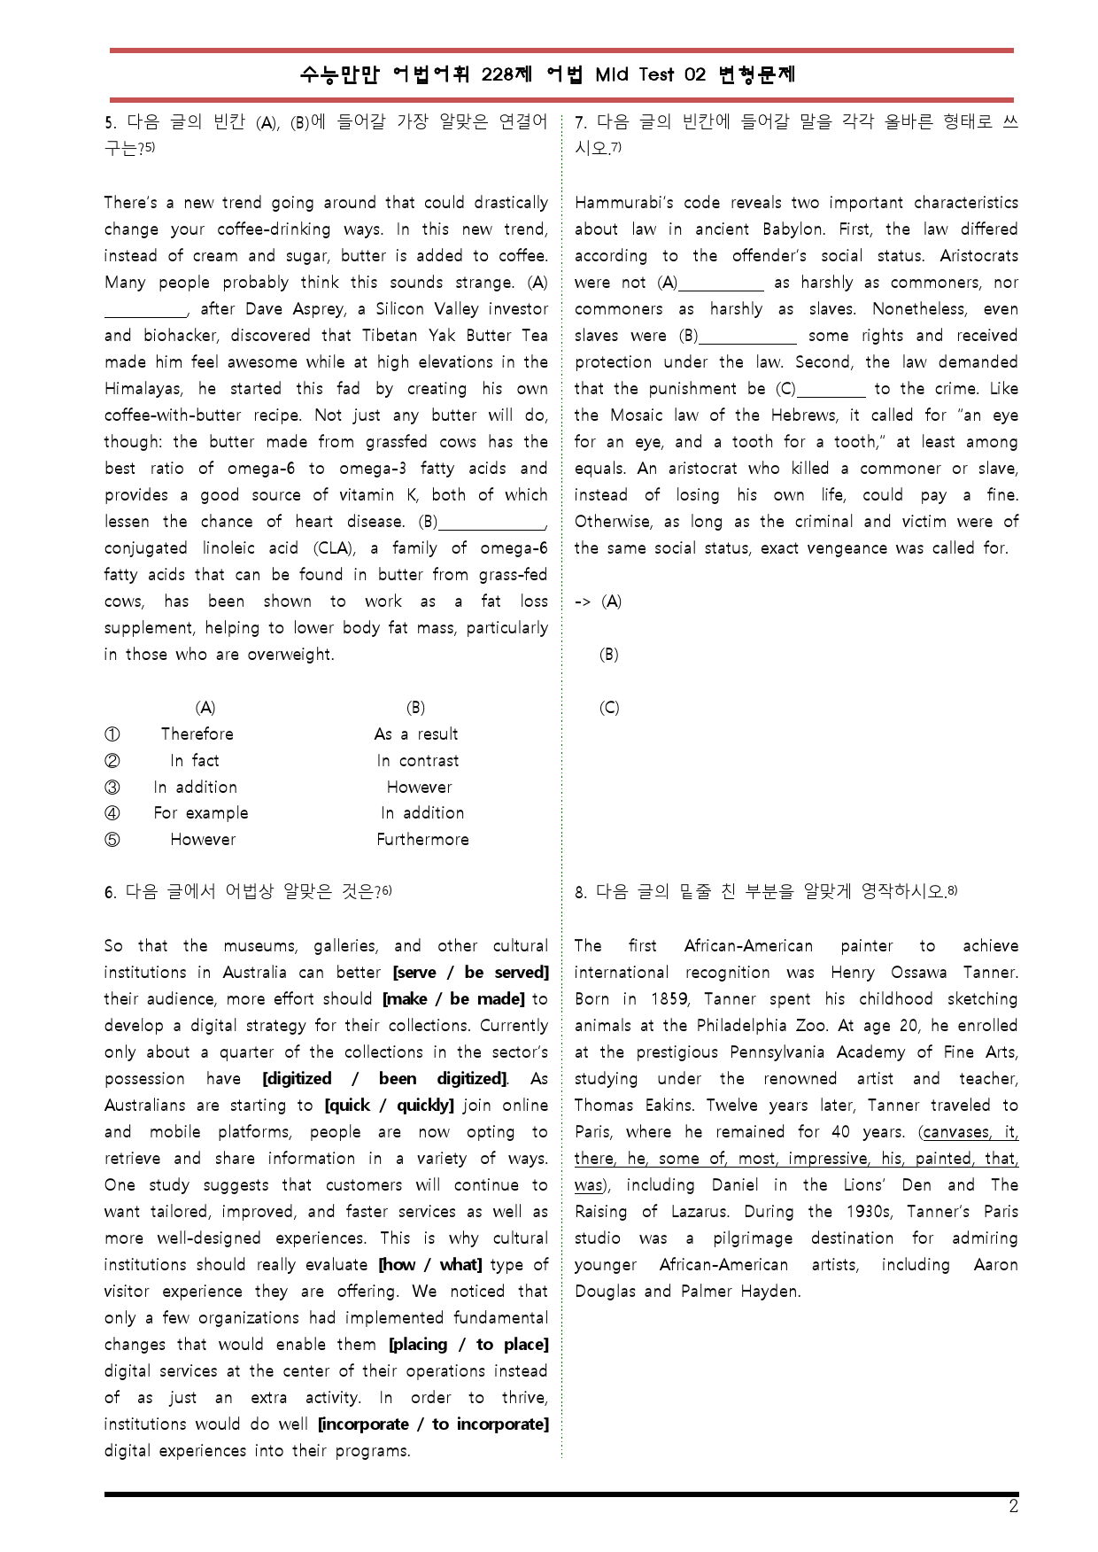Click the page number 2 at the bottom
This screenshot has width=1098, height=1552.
[1013, 1507]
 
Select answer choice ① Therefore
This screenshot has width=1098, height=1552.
[197, 734]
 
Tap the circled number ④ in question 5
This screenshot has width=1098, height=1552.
[112, 813]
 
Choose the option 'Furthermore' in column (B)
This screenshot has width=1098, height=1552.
[422, 840]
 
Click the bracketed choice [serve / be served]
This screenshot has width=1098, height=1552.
[470, 973]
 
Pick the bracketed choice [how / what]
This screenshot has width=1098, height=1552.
[430, 1265]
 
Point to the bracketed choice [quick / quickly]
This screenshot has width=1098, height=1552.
[389, 1106]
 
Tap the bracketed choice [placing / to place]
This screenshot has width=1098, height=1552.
[468, 1345]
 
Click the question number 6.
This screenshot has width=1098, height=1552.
[110, 893]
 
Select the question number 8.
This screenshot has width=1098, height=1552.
[580, 893]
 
